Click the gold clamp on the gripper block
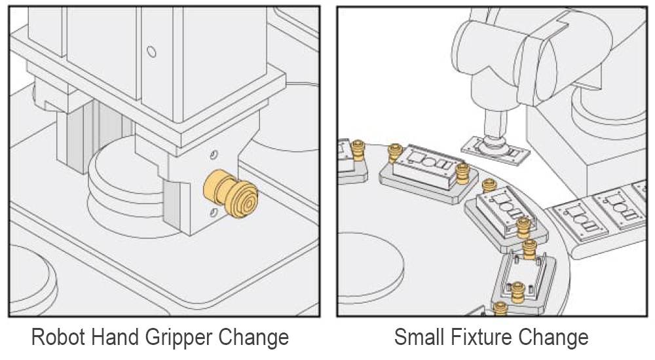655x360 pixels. point(230,193)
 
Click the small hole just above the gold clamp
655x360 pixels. point(214,155)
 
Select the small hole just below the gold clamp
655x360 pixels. point(214,213)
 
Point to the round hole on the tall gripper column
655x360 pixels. point(152,52)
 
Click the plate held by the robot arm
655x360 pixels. point(495,151)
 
